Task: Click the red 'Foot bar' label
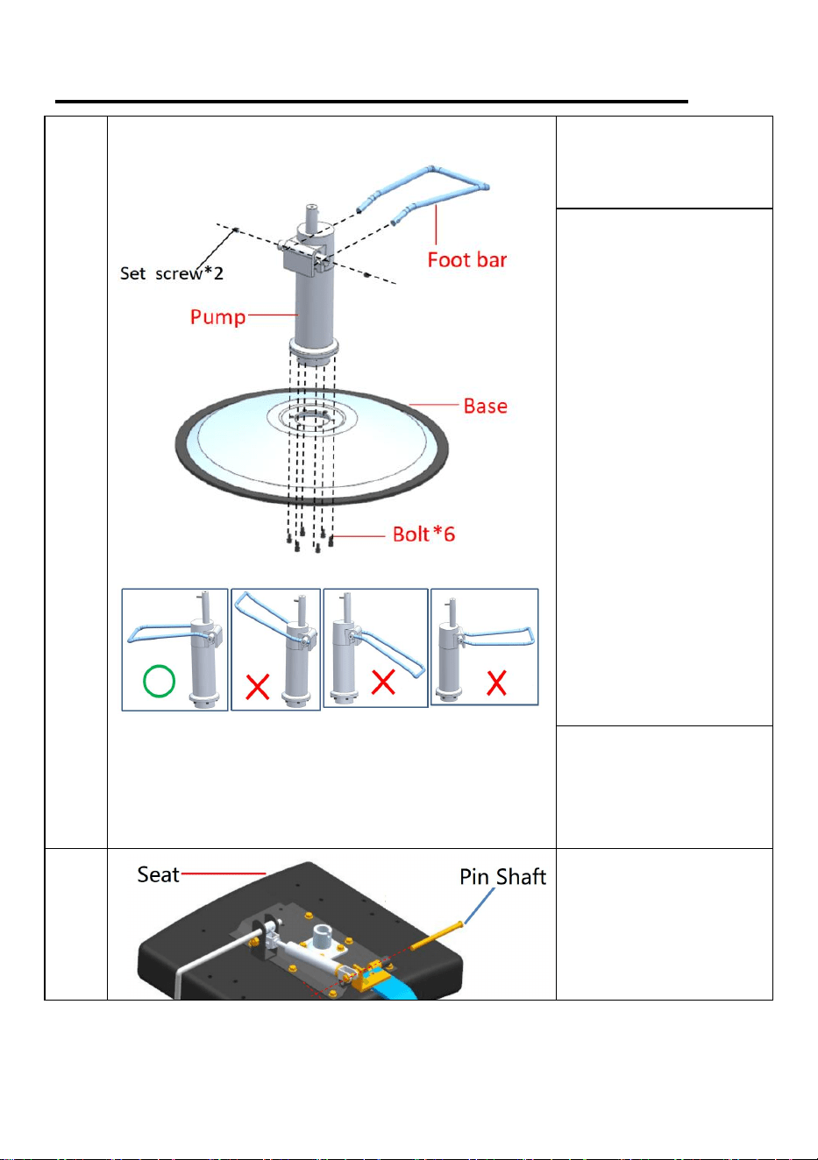467,259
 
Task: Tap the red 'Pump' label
217,316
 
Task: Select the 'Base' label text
485,406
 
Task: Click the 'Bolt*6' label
423,534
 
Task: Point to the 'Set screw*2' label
172,272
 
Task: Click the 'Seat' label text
158,874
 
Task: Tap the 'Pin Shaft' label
503,877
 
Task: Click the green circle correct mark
160,681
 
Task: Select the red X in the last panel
496,683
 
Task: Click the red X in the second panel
257,687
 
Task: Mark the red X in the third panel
384,682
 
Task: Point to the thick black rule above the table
372,102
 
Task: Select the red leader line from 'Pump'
274,315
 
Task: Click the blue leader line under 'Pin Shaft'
479,906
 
